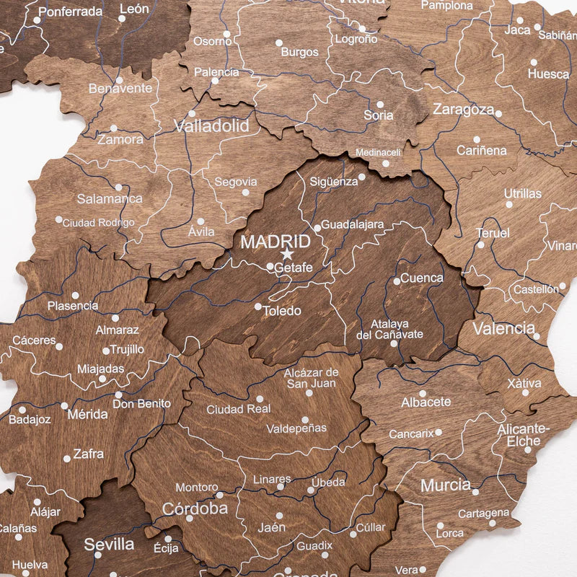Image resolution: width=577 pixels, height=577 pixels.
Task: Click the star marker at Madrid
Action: [287, 253]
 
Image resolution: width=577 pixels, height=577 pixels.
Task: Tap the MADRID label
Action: [276, 242]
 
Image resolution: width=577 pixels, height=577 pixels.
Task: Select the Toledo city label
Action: [281, 312]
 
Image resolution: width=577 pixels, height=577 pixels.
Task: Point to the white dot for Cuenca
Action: [397, 281]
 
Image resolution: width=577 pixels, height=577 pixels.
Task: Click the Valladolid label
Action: [211, 126]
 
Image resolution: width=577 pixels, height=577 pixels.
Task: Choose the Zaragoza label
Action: [463, 110]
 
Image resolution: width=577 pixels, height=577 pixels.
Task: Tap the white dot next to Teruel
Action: [481, 245]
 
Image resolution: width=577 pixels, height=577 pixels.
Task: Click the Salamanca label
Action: [110, 198]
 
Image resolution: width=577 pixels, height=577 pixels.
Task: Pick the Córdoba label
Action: [195, 508]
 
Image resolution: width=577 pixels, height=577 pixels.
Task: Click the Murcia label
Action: [446, 485]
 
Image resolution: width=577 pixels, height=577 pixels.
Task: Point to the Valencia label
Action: [503, 329]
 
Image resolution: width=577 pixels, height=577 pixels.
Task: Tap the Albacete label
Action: [426, 402]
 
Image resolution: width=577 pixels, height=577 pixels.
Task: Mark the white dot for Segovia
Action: [245, 193]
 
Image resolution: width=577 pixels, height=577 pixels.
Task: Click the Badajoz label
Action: [30, 419]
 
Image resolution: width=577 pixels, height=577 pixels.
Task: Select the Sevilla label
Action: [109, 545]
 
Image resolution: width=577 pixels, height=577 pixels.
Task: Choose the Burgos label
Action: [299, 53]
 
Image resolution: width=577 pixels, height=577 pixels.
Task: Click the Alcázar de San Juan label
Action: [310, 378]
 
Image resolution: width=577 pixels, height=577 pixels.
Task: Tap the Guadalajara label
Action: [353, 224]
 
